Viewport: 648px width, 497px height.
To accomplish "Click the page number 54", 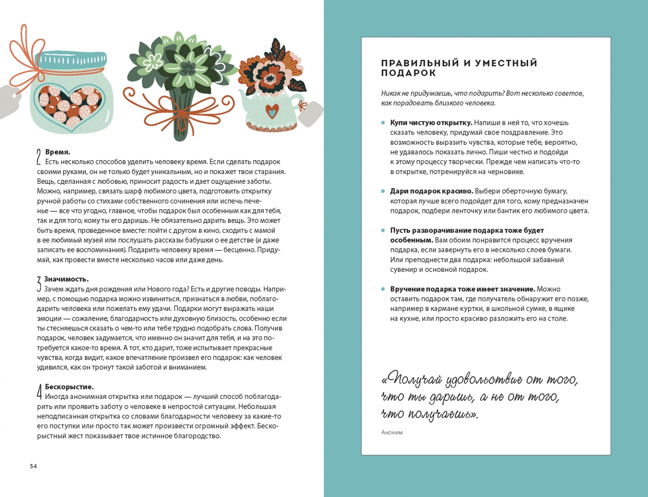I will tap(33, 466).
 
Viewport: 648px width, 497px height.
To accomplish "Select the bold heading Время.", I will tap(58, 152).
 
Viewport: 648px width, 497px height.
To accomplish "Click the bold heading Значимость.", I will tap(66, 279).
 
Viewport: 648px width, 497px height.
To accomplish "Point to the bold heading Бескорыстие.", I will tap(69, 387).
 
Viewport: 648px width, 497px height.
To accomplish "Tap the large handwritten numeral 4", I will tap(40, 392).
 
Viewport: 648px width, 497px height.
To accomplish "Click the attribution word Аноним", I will tap(392, 433).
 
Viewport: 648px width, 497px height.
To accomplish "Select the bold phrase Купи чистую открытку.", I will tap(431, 122).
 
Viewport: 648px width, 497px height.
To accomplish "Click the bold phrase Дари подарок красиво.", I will tap(431, 191).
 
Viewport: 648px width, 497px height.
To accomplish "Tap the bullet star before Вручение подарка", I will tap(383, 289).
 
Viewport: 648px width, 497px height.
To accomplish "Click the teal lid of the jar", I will tap(73, 60).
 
